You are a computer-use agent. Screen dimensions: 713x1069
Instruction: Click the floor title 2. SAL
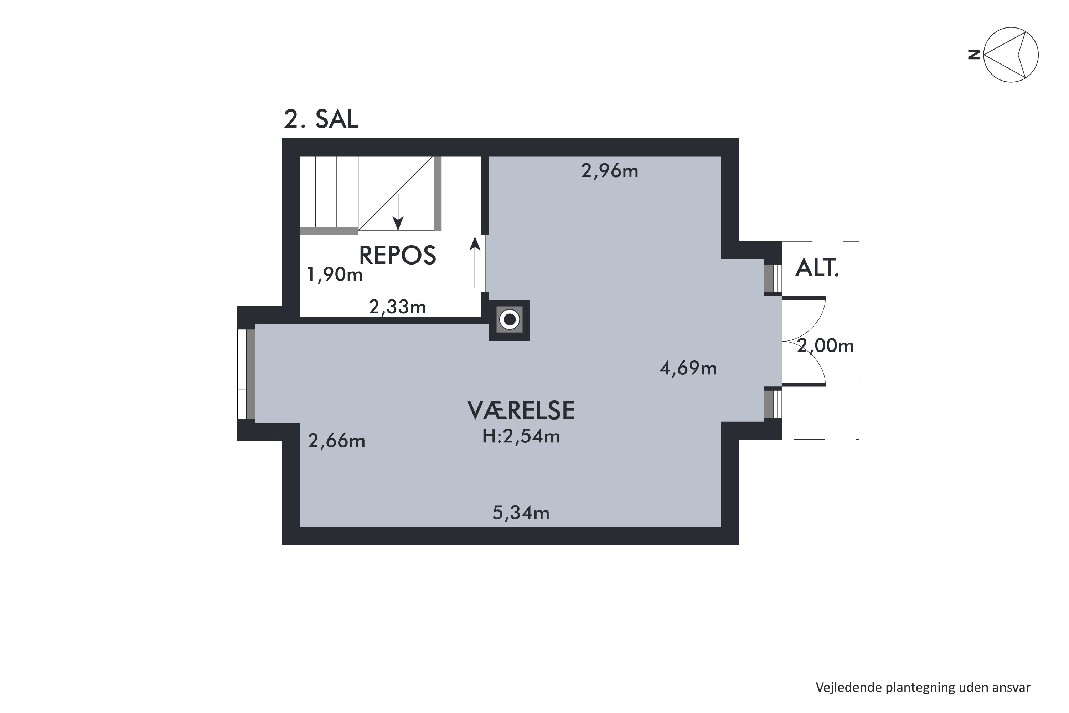tap(321, 119)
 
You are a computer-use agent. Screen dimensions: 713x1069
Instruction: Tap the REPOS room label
tap(397, 255)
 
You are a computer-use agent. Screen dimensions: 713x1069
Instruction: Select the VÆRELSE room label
tap(521, 410)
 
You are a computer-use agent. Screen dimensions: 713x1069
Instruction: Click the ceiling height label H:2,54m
tap(521, 436)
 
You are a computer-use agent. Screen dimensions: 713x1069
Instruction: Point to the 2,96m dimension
tap(609, 171)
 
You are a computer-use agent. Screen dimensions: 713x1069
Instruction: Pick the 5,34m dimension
tap(521, 513)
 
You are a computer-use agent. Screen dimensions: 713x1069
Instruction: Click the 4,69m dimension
tap(688, 368)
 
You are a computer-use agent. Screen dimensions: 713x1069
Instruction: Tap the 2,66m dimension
tap(336, 441)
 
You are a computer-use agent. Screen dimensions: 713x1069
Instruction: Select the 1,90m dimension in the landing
tap(335, 275)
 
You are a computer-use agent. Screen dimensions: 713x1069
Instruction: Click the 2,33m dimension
tap(397, 307)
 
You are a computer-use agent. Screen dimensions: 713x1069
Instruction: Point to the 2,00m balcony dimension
tap(825, 346)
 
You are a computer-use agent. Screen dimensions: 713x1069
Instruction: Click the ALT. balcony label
tap(817, 268)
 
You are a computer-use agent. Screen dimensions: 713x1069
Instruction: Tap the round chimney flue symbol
tap(510, 320)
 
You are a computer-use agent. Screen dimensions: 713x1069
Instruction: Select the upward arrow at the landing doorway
tap(475, 262)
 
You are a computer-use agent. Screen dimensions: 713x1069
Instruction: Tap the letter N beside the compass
tap(974, 55)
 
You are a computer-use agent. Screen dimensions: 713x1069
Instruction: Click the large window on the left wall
tap(246, 374)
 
